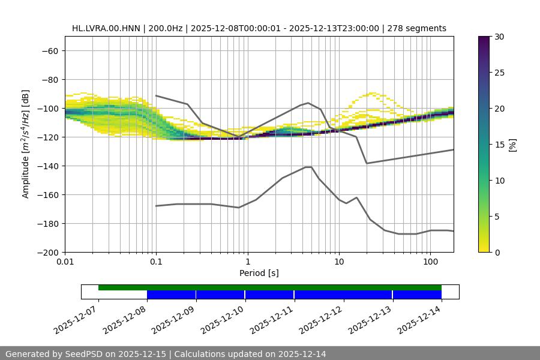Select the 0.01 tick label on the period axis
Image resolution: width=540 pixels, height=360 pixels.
click(65, 262)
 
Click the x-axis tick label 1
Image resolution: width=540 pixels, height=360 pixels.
click(248, 262)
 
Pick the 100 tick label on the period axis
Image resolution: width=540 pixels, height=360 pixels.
click(430, 262)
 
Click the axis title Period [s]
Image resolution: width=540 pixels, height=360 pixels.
click(259, 273)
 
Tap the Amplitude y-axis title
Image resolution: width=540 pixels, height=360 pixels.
click(26, 144)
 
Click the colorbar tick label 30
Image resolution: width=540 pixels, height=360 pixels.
click(499, 37)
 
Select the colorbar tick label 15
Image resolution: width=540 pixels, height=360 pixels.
click(499, 145)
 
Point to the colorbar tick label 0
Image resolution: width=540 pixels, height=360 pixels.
click(497, 252)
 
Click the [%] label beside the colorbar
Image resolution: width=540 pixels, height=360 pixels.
click(512, 145)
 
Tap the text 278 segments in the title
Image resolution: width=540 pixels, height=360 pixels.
click(417, 28)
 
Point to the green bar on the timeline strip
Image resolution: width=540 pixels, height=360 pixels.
click(270, 287)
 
